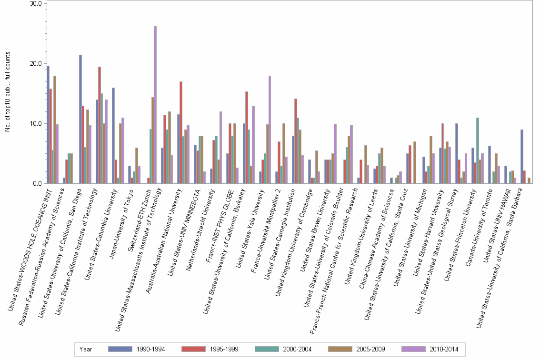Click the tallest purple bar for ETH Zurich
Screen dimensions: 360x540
[x=155, y=105]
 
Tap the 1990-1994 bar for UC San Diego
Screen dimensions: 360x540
[x=80, y=119]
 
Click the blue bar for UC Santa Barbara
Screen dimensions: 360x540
[x=522, y=157]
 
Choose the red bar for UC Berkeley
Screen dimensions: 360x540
[x=246, y=138]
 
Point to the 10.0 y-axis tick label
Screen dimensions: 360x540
[x=36, y=124]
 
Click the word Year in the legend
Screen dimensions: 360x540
[x=86, y=349]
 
